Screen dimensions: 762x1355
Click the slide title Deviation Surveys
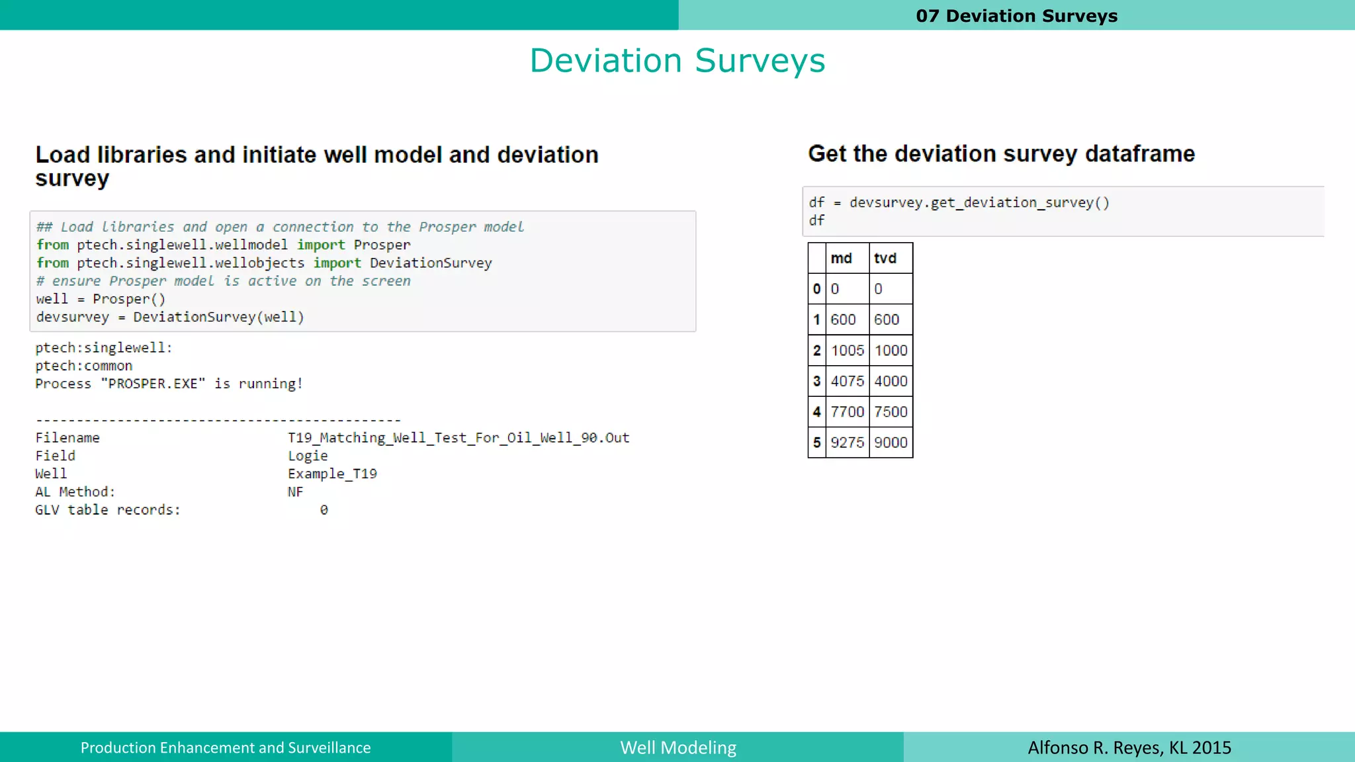point(677,61)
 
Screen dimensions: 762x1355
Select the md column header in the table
point(841,259)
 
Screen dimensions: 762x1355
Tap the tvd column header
point(885,259)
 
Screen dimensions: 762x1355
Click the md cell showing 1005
point(848,351)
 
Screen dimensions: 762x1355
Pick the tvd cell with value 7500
point(891,412)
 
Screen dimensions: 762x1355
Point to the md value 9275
point(848,443)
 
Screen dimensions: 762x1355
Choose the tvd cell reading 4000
point(891,382)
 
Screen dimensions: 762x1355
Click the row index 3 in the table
point(816,382)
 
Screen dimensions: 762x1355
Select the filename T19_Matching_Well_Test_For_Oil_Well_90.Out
point(459,438)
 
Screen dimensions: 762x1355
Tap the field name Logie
point(308,456)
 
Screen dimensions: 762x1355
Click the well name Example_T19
point(332,474)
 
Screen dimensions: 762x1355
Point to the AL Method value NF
point(295,492)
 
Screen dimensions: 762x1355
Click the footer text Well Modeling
point(678,747)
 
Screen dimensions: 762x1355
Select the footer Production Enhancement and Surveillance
point(226,747)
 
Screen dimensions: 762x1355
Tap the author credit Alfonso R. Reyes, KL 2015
point(1129,747)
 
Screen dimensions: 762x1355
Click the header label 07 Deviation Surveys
point(1016,16)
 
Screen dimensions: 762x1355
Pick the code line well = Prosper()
point(101,299)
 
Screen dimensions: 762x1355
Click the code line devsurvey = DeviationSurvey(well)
point(170,317)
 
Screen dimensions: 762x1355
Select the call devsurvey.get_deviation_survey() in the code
point(979,202)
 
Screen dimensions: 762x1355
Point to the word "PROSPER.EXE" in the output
point(153,384)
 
